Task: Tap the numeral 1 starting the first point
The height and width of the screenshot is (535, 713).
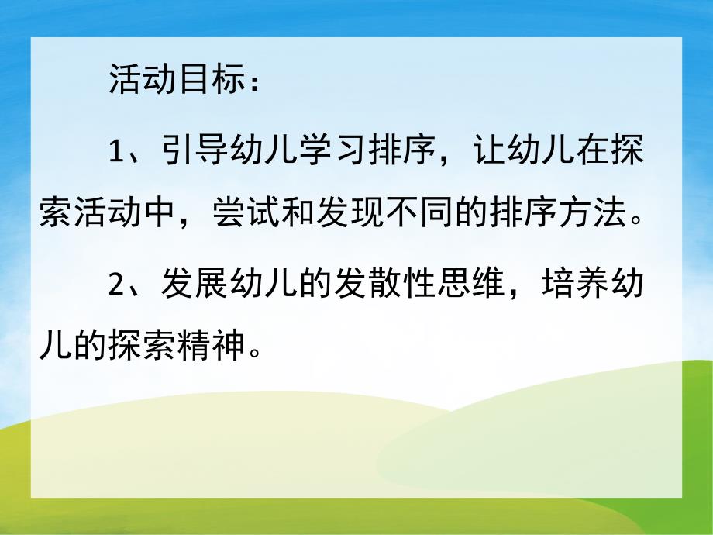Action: coord(116,152)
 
